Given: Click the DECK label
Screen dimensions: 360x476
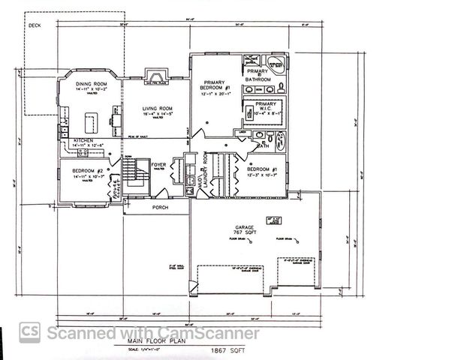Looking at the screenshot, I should click(x=35, y=25).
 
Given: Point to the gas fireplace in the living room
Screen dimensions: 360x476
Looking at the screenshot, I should click(x=155, y=76).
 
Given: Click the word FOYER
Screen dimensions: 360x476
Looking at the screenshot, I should click(x=158, y=164).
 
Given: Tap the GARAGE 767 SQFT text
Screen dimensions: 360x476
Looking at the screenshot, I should click(x=245, y=229).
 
